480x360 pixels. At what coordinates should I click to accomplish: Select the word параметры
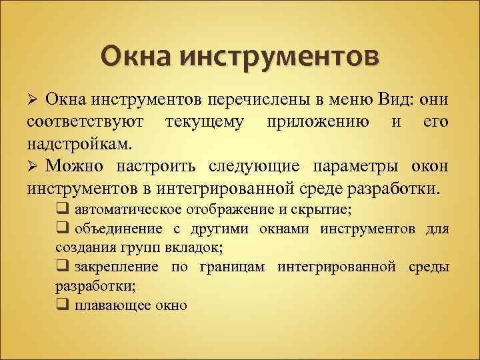(350, 165)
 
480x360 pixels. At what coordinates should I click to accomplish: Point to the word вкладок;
(193, 247)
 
